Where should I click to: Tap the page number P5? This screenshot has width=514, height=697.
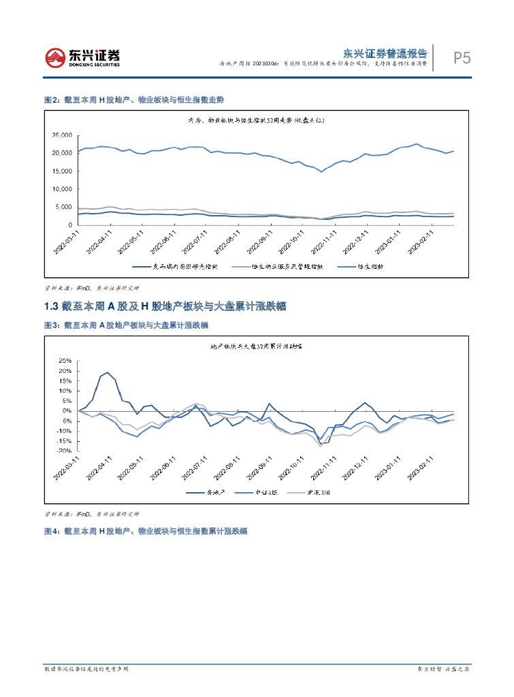tap(462, 59)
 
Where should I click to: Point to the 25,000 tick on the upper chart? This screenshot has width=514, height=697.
tap(62, 135)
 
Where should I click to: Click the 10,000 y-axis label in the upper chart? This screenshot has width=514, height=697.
tap(62, 189)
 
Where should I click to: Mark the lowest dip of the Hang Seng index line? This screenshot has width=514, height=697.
tap(321, 172)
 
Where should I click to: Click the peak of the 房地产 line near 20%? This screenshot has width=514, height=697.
tap(108, 372)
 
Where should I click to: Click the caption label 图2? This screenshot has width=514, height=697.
tap(50, 100)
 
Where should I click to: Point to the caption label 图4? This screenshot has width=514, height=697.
tap(50, 531)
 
